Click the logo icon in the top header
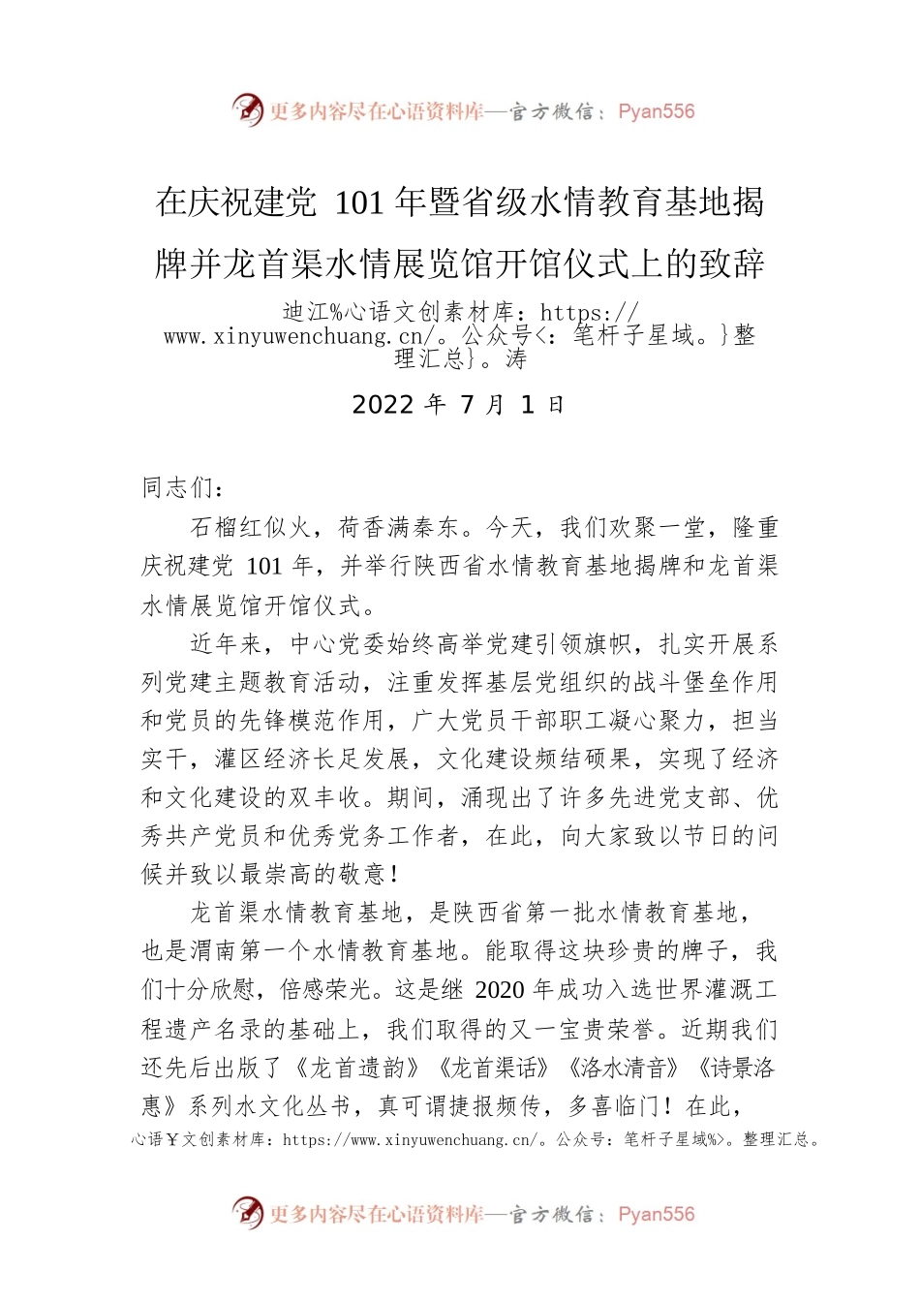[247, 110]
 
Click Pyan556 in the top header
[656, 111]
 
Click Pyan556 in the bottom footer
[656, 1214]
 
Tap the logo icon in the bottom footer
[247, 1213]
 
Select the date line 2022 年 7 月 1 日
[458, 405]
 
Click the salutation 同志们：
[183, 487]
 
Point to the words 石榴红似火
[251, 528]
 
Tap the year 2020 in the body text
[500, 990]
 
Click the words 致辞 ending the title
[735, 263]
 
